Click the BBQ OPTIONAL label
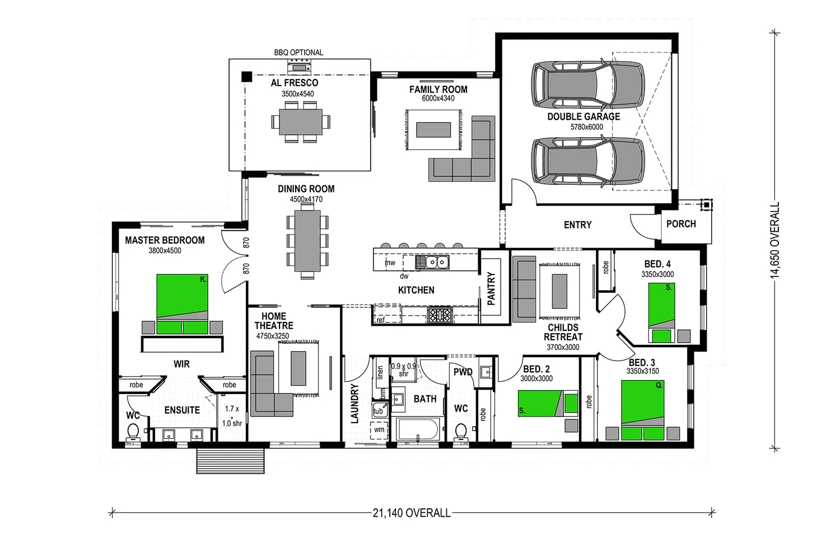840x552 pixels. [298, 53]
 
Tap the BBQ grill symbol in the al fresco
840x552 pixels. [298, 67]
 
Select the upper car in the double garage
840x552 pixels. [587, 85]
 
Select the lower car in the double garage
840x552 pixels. [587, 161]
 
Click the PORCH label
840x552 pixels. [681, 224]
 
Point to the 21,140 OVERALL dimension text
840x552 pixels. [412, 513]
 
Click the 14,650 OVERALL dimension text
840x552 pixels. [775, 240]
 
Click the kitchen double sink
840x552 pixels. [432, 262]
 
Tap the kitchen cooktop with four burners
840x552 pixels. [440, 315]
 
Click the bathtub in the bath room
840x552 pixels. [418, 430]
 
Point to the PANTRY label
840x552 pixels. [491, 288]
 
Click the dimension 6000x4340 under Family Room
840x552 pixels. [438, 99]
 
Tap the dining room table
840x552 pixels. [307, 240]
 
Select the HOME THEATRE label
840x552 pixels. [274, 321]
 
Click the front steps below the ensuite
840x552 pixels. [230, 460]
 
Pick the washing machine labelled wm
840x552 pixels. [380, 431]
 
